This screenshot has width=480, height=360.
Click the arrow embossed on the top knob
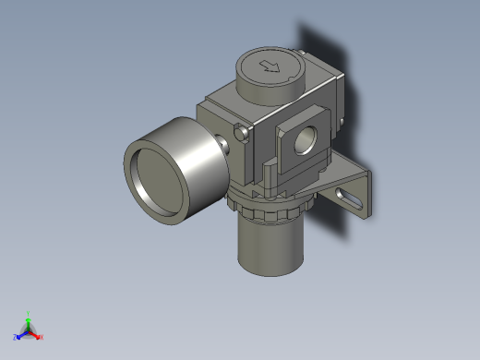[x=270, y=66]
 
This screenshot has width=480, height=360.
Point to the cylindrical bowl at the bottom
[x=270, y=245]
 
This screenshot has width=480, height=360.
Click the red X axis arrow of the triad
[x=36, y=334]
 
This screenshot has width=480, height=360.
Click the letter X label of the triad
[x=42, y=337]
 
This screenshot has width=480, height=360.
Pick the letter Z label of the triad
[x=15, y=337]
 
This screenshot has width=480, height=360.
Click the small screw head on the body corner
[x=244, y=135]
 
